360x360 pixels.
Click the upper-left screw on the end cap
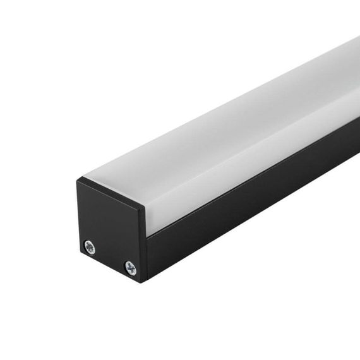pos(90,247)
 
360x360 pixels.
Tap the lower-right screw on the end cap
pos(130,268)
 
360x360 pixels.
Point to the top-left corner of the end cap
pos(77,181)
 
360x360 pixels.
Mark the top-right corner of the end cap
pos(145,207)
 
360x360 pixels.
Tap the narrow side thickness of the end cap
pos(145,246)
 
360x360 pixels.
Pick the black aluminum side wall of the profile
pos(253,202)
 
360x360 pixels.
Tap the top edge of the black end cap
pos(111,193)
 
